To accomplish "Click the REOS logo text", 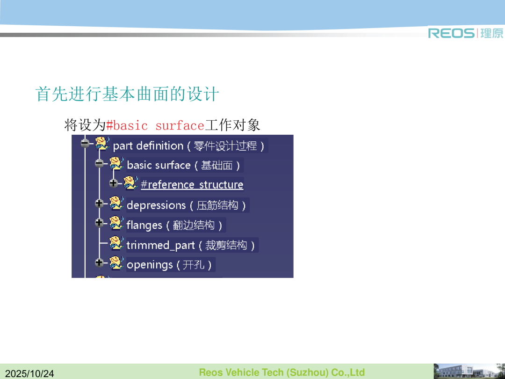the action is pyautogui.click(x=451, y=33).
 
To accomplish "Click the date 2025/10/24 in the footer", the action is pyautogui.click(x=29, y=373).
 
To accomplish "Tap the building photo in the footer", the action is pyautogui.click(x=469, y=371).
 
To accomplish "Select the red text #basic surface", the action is pyautogui.click(x=155, y=125).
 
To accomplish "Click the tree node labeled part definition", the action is pyautogui.click(x=188, y=146).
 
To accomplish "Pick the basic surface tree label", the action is pyautogui.click(x=183, y=165).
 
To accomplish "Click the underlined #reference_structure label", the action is pyautogui.click(x=192, y=185).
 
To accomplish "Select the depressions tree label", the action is pyautogui.click(x=186, y=205).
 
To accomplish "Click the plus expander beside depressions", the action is pyautogui.click(x=99, y=204).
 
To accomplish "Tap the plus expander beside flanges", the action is pyautogui.click(x=99, y=223).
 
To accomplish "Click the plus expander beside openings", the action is pyautogui.click(x=99, y=262).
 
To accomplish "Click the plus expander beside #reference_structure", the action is pyautogui.click(x=113, y=183).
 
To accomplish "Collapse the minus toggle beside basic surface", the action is pyautogui.click(x=99, y=163).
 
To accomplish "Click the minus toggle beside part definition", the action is pyautogui.click(x=85, y=143).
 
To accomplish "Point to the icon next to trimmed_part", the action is pyautogui.click(x=116, y=243).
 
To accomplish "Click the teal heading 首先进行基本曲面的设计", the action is pyautogui.click(x=127, y=94).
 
